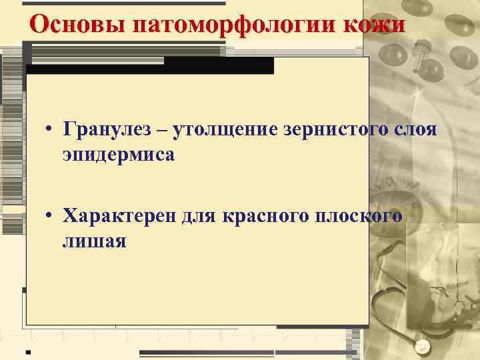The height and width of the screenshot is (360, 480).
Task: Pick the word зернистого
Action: [320, 130]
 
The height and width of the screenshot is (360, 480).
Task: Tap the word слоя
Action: [413, 130]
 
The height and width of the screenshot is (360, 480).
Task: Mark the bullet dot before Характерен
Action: [50, 217]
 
